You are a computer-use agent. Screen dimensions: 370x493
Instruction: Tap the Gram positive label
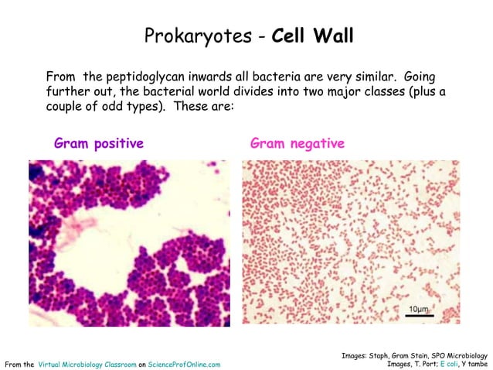point(99,143)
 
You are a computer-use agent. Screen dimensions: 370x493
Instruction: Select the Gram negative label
point(297,143)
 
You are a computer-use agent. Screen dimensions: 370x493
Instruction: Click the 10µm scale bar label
point(418,308)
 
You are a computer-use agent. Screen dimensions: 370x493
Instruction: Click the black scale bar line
point(419,316)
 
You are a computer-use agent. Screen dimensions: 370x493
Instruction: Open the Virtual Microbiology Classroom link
point(87,364)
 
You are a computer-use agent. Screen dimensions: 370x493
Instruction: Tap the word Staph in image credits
point(383,355)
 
